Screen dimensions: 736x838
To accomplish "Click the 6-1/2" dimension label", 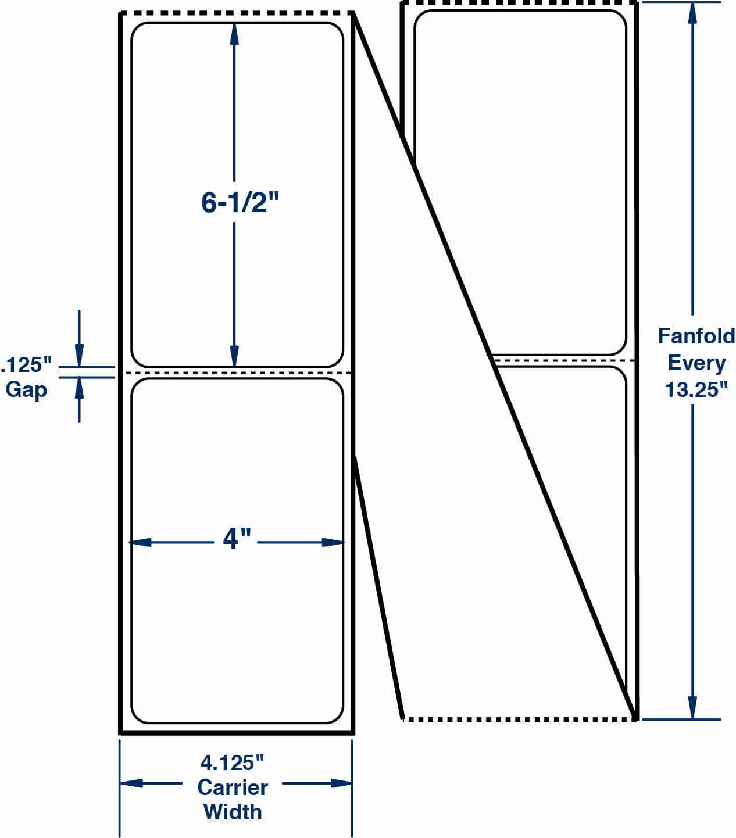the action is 240,203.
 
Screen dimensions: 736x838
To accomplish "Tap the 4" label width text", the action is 237,538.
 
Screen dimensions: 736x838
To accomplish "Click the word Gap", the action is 26,389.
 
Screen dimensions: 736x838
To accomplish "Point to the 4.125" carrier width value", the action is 232,762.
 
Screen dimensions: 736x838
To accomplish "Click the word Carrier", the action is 233,787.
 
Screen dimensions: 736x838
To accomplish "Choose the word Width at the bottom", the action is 233,812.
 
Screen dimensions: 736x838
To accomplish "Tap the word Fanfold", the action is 696,336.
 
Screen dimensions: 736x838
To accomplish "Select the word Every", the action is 696,363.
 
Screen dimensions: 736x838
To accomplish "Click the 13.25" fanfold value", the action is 696,389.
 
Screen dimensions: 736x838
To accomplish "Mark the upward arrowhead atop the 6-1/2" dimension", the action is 234,34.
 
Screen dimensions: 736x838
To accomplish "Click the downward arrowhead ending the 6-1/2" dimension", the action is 234,356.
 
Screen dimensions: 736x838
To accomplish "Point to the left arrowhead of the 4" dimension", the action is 140,542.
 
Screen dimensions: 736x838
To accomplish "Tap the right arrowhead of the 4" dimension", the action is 333,542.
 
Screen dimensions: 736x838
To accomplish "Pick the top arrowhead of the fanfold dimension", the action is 692,13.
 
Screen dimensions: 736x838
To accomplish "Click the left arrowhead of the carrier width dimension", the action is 131,783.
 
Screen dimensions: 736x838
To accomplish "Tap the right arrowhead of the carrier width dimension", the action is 342,783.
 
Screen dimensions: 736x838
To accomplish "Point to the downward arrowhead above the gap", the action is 79,355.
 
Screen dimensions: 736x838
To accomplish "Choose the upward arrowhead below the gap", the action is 79,388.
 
